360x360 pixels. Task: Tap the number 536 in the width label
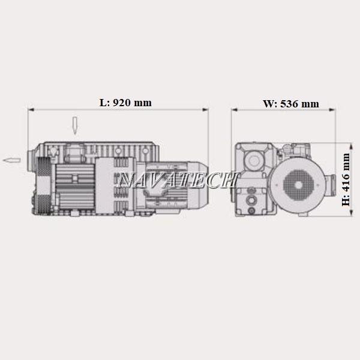coord(290,104)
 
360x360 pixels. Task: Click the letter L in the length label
coord(104,103)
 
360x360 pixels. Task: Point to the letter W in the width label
coord(269,104)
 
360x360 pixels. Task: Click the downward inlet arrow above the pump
coord(74,125)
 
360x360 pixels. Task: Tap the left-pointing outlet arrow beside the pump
coord(11,160)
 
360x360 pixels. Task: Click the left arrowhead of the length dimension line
coord(31,110)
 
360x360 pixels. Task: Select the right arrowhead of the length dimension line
coord(205,110)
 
